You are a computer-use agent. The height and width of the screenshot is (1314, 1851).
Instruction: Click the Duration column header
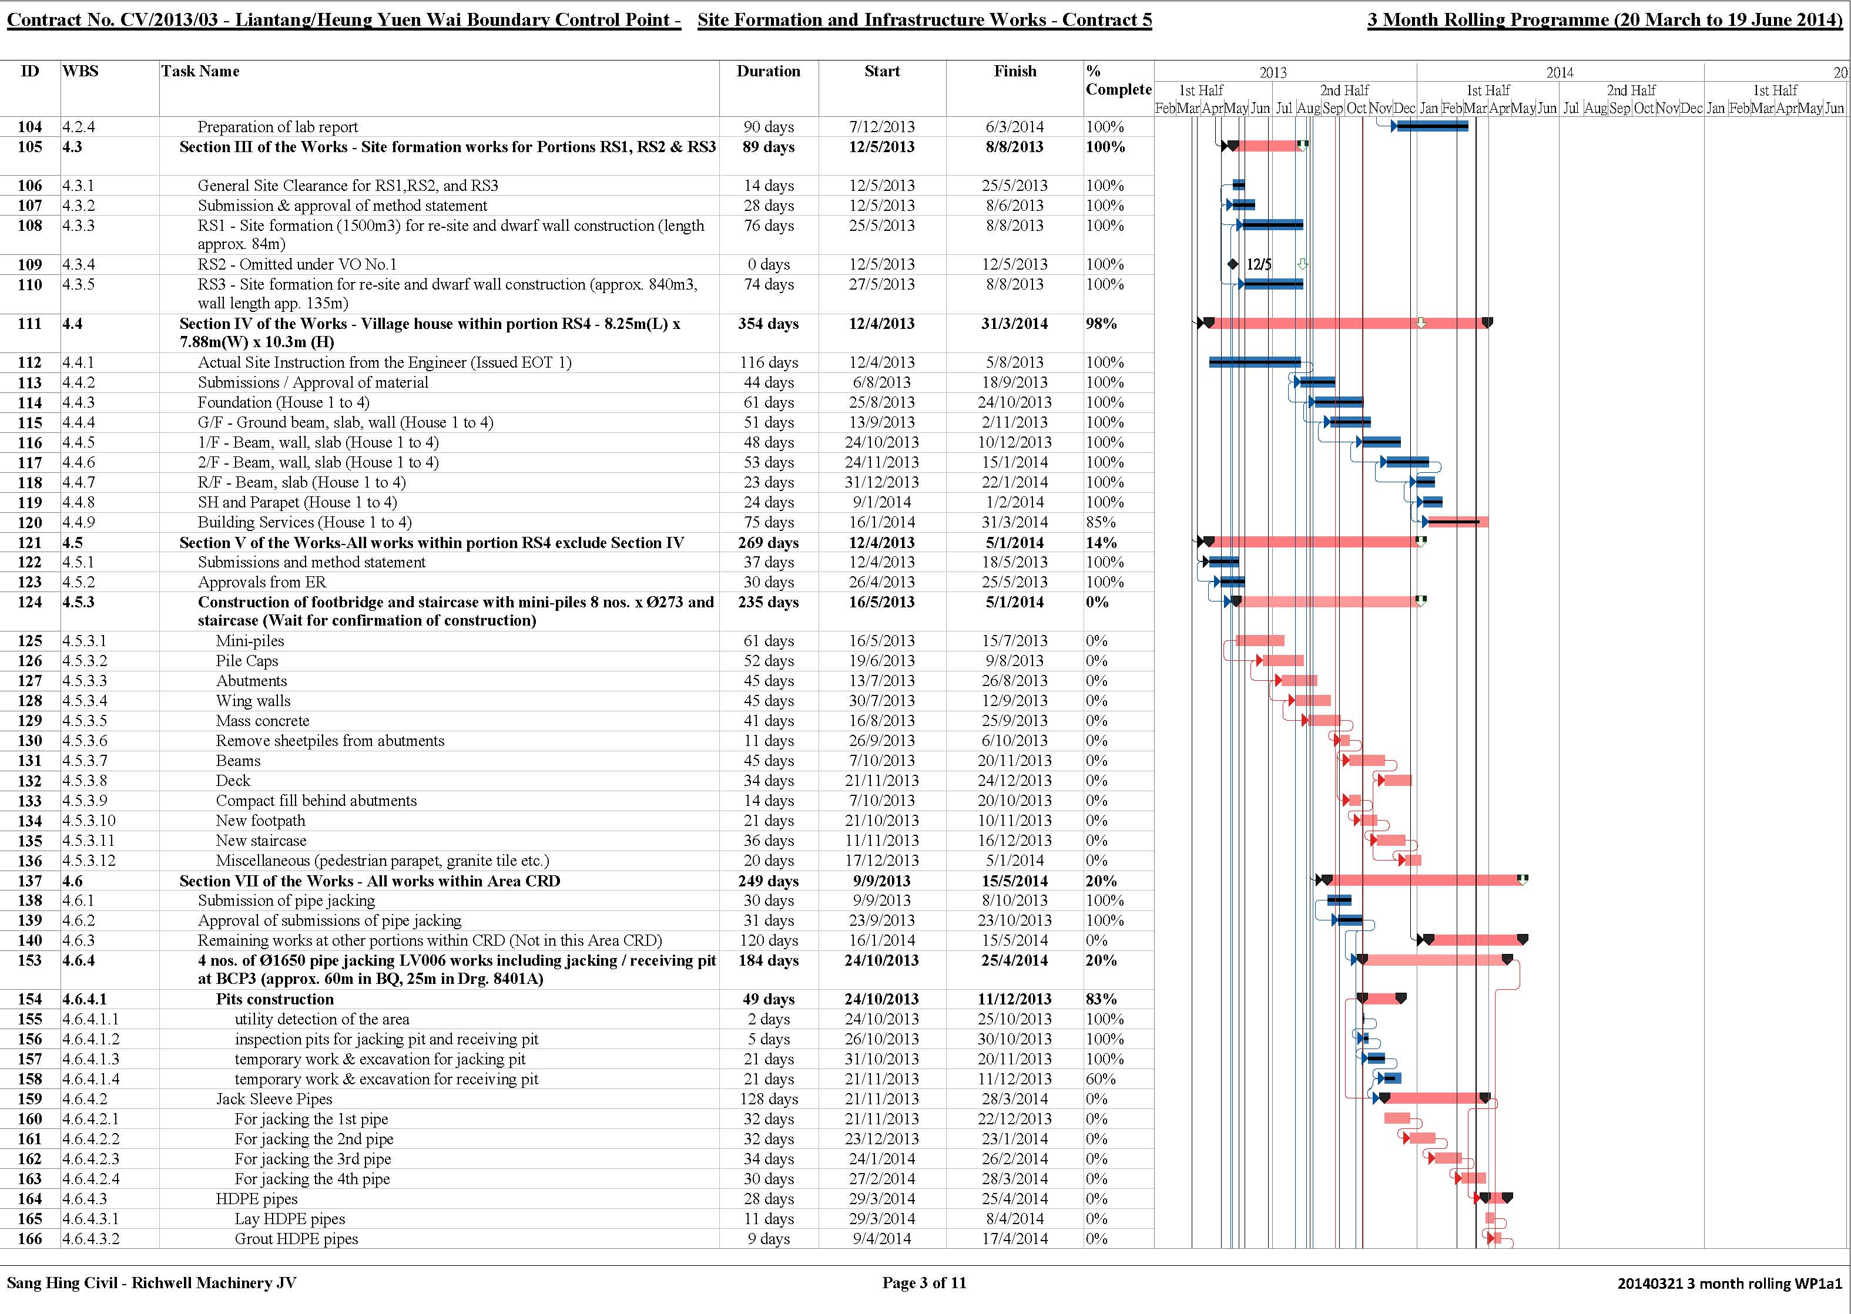pyautogui.click(x=768, y=71)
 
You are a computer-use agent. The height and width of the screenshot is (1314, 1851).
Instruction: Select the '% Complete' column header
pyautogui.click(x=1118, y=80)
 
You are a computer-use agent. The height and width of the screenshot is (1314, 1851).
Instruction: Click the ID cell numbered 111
pyautogui.click(x=30, y=324)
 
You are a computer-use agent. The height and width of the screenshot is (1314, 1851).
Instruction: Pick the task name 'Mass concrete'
pyautogui.click(x=262, y=721)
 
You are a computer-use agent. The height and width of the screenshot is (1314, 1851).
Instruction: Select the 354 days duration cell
pyautogui.click(x=768, y=324)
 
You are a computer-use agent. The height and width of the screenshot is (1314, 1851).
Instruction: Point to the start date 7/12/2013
pyautogui.click(x=881, y=127)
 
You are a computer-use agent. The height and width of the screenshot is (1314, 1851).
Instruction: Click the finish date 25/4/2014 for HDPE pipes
pyautogui.click(x=1015, y=1199)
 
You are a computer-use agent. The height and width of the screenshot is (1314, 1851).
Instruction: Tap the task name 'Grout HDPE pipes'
pyautogui.click(x=296, y=1239)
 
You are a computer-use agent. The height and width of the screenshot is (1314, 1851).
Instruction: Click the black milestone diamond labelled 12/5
pyautogui.click(x=1233, y=264)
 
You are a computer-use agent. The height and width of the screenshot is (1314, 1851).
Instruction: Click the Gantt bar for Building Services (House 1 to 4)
pyautogui.click(x=1457, y=522)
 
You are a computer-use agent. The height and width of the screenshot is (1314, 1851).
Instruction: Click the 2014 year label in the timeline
pyautogui.click(x=1560, y=72)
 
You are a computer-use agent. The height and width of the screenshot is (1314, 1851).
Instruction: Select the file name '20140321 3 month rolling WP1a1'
pyautogui.click(x=1729, y=1284)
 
